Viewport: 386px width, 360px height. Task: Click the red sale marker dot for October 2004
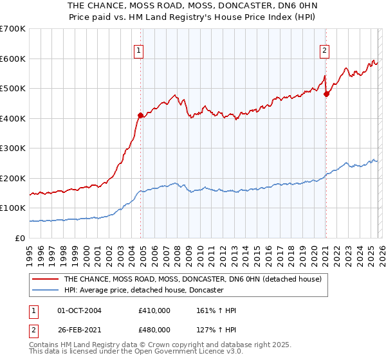click(x=140, y=116)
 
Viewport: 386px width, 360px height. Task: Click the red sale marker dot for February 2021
click(x=326, y=94)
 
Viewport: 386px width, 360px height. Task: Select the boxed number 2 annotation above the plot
click(x=325, y=51)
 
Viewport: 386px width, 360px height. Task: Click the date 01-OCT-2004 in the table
click(x=79, y=310)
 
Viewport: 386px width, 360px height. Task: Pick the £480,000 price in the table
click(x=154, y=329)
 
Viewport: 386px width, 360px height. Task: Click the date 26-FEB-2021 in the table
click(x=79, y=329)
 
